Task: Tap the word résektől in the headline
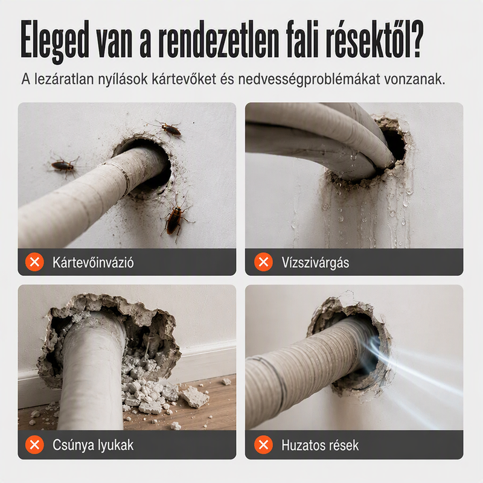(x=370, y=39)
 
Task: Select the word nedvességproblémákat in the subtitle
(x=309, y=80)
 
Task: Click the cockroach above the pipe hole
(x=169, y=129)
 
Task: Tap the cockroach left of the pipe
(x=64, y=167)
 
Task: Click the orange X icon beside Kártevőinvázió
(x=34, y=262)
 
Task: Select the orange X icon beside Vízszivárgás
(x=263, y=262)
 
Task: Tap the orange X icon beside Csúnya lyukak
(x=34, y=445)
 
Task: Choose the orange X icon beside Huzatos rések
(x=263, y=445)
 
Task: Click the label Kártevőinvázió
(x=93, y=263)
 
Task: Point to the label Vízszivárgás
(x=315, y=263)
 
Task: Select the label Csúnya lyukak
(x=93, y=445)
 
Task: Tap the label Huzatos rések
(x=320, y=446)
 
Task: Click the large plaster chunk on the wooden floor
(x=193, y=397)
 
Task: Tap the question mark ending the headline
(x=415, y=39)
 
